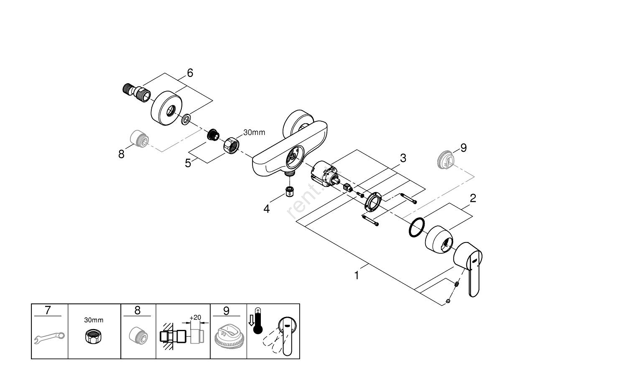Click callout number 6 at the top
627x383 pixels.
coord(190,73)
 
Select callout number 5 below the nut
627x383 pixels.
coord(188,163)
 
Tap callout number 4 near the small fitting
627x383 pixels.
coord(267,209)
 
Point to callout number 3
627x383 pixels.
coord(403,158)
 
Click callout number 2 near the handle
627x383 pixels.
coord(473,198)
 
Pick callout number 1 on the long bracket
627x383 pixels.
coord(357,276)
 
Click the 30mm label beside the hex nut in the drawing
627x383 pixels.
coord(254,133)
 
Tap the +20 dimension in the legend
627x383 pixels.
coord(195,317)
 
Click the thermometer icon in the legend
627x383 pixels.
coord(257,320)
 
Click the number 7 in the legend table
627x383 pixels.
coord(48,311)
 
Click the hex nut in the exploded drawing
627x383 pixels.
coord(231,146)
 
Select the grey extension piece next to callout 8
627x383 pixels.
coord(138,138)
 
